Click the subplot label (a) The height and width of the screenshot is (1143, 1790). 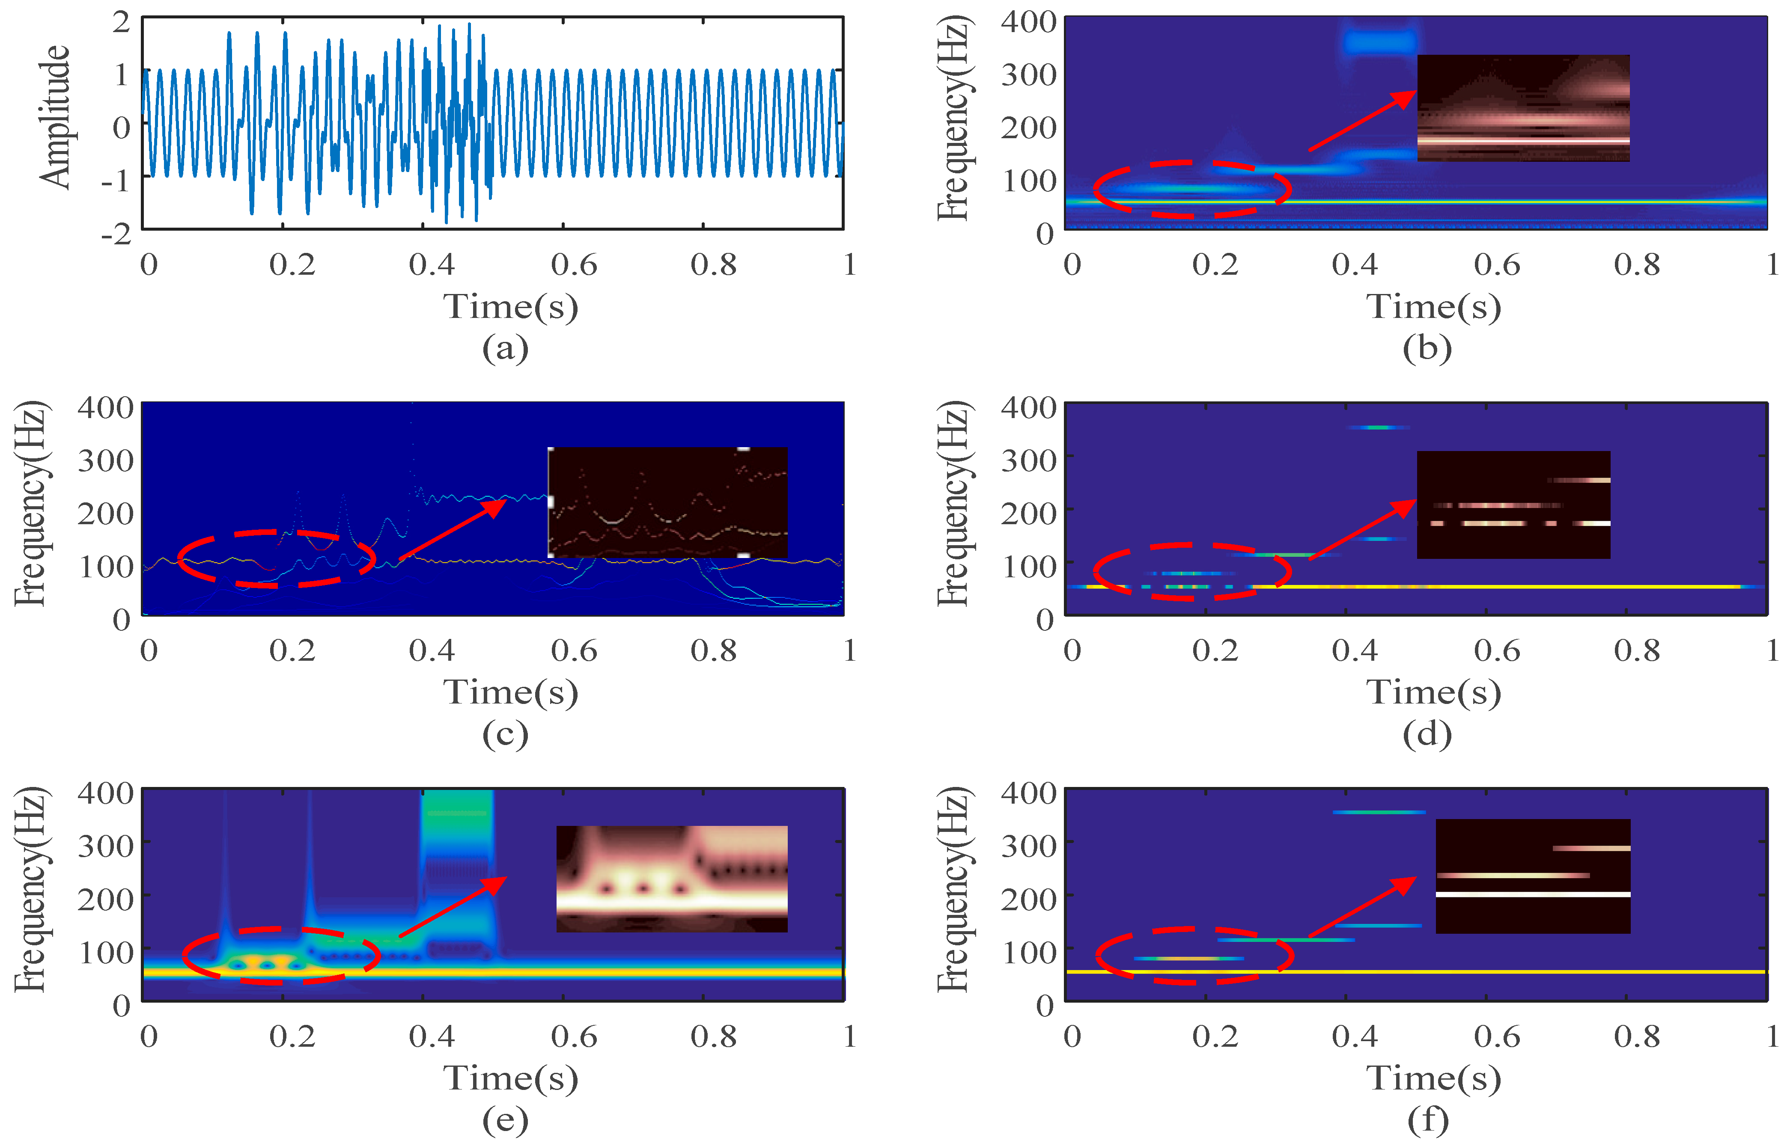[506, 348]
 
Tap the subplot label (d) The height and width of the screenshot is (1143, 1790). [1427, 734]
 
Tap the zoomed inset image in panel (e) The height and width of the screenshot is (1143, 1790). [671, 879]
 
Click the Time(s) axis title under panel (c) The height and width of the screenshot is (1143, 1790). [511, 693]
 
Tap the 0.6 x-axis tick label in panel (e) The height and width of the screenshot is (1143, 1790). [573, 1036]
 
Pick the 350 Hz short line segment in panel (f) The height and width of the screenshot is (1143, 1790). [1379, 812]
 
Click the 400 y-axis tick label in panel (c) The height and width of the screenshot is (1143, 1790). [106, 407]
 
